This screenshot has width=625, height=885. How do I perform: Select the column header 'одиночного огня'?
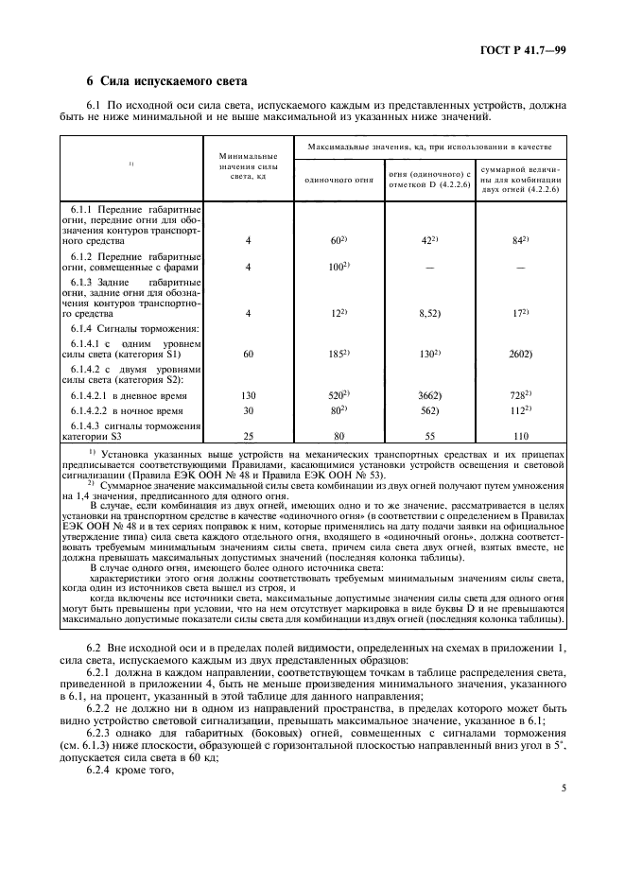pos(339,179)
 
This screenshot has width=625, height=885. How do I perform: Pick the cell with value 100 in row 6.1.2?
pos(339,268)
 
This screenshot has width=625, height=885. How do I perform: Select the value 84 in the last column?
pos(520,241)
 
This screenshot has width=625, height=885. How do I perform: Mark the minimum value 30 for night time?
pos(248,410)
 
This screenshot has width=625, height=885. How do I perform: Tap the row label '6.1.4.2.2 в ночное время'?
pos(129,411)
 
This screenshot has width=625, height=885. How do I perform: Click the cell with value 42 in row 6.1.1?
pos(428,241)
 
